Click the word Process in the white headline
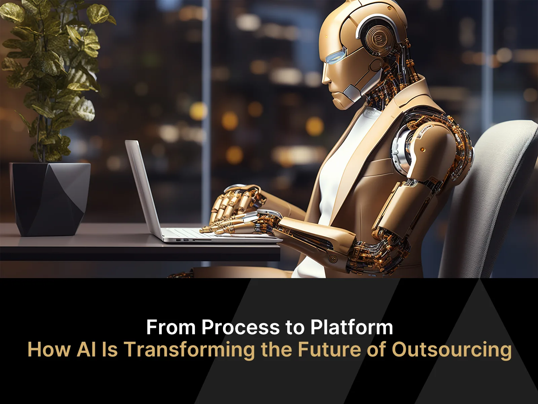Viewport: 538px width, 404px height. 240,327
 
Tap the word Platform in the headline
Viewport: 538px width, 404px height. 352,327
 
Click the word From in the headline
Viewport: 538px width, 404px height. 170,327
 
